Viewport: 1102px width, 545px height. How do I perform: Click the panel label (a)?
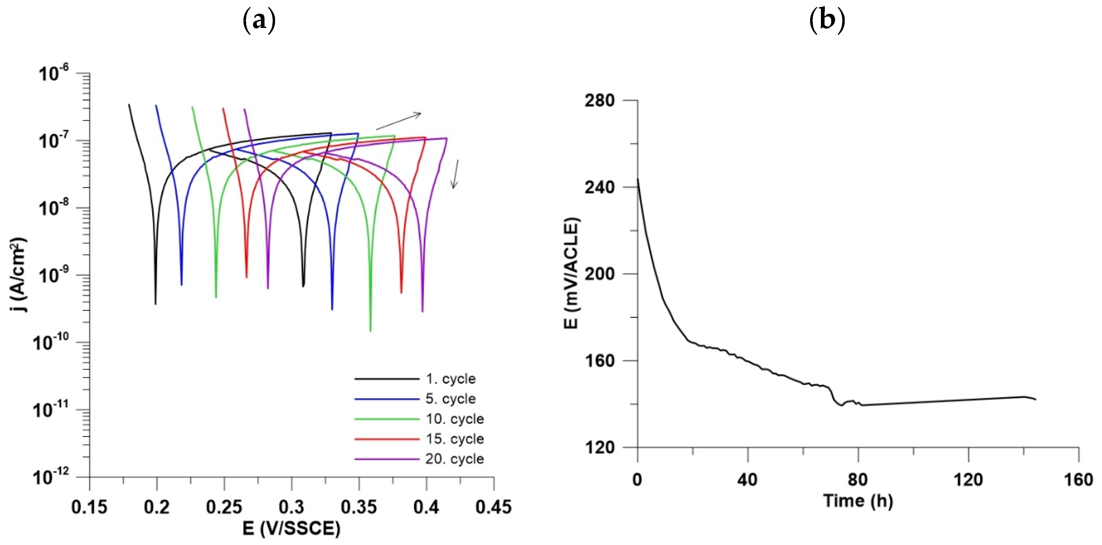[259, 20]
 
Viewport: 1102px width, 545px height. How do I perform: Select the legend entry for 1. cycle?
[450, 379]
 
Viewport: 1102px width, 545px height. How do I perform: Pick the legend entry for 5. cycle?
[450, 399]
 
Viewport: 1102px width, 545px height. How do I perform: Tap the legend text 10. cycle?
[455, 419]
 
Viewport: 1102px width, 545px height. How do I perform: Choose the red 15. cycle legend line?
[387, 439]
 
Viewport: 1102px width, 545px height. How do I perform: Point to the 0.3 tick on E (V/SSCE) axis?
[292, 507]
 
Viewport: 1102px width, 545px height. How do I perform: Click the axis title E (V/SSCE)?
[291, 529]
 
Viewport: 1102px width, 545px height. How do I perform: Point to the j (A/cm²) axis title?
[18, 274]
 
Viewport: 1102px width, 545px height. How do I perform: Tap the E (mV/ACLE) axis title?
[571, 274]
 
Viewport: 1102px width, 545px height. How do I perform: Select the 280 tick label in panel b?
[599, 100]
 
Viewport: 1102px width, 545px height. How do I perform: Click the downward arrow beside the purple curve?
[456, 174]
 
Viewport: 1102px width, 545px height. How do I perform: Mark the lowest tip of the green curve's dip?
[370, 330]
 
